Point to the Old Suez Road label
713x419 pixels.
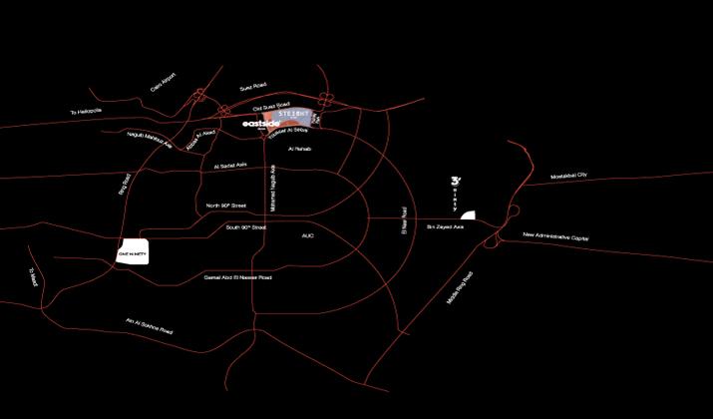pos(270,105)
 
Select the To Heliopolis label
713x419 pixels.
pos(87,112)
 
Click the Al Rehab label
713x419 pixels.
pos(300,149)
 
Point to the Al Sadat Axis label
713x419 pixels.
pos(229,167)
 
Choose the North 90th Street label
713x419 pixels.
pos(226,206)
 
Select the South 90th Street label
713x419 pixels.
pos(245,227)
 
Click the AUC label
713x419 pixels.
pos(307,235)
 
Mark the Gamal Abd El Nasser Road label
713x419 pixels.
pos(237,277)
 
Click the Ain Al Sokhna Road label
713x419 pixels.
pos(149,326)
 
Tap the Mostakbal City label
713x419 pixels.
pos(569,176)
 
